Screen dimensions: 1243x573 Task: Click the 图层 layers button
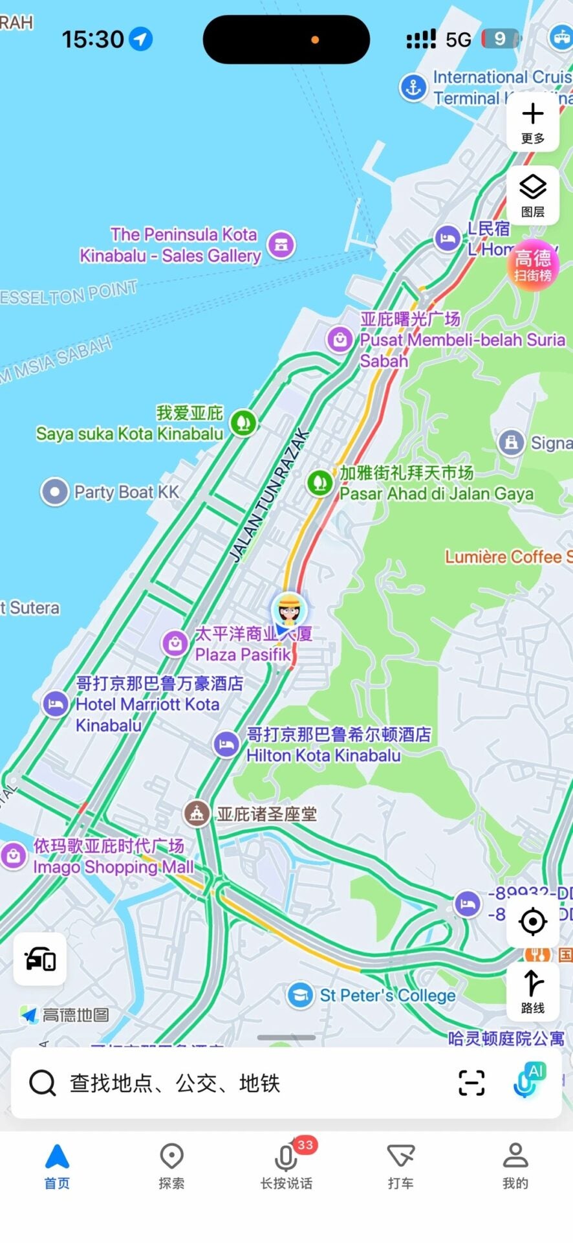coord(532,195)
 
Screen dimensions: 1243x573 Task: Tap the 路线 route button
coord(532,991)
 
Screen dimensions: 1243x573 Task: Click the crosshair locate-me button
coord(533,921)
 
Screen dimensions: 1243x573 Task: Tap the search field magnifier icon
coord(43,1083)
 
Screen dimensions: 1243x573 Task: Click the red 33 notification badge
coord(305,1145)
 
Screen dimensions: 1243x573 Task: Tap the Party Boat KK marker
coord(55,492)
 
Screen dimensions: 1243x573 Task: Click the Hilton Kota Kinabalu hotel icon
coord(226,745)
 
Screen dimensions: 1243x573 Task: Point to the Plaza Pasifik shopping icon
coord(175,643)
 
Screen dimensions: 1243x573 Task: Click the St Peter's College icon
coord(300,996)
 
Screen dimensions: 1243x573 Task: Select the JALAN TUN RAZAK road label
coord(269,495)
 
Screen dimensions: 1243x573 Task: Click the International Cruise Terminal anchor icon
coord(413,87)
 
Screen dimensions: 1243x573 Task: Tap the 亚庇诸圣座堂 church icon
coord(197,814)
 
